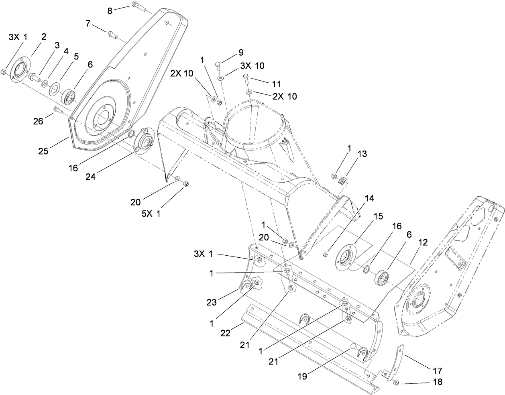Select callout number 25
click(43, 151)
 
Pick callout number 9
click(241, 53)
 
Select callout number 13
click(362, 153)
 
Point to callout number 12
click(424, 242)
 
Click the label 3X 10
click(252, 65)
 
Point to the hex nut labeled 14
click(326, 254)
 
